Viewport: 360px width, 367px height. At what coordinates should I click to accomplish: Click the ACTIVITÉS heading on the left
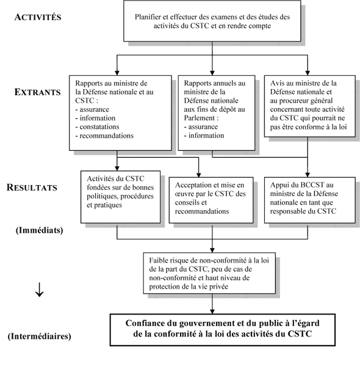pyautogui.click(x=37, y=16)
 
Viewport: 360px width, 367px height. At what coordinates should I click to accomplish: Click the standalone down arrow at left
pyautogui.click(x=39, y=291)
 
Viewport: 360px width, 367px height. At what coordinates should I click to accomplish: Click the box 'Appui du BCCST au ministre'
pyautogui.click(x=308, y=198)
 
